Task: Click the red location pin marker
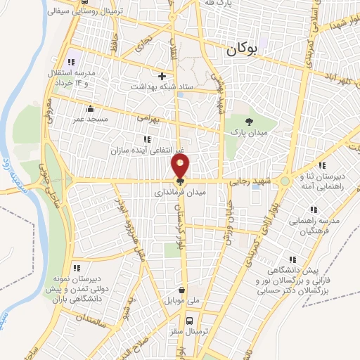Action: (181, 166)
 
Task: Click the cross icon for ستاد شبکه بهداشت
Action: (162, 75)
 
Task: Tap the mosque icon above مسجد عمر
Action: (89, 109)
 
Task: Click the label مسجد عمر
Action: (90, 120)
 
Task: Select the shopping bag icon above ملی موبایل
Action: (182, 290)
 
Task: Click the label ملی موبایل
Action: (182, 301)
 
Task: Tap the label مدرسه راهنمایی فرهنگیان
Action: (313, 225)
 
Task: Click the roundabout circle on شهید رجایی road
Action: (284, 181)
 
